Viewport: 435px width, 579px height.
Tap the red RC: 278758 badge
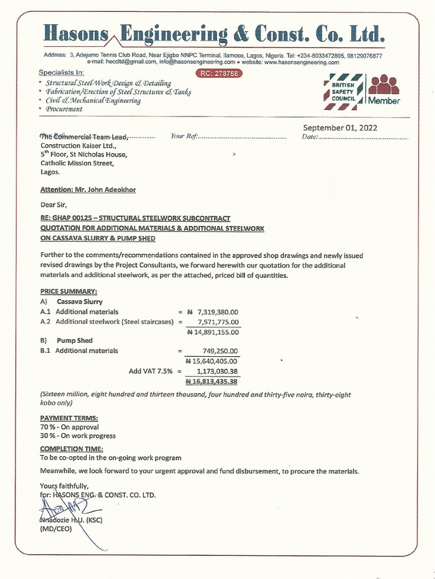click(x=219, y=74)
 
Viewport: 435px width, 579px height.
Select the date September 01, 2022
click(x=340, y=128)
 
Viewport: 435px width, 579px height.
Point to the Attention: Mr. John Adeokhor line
click(x=88, y=190)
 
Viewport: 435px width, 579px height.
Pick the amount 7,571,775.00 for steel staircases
click(x=217, y=322)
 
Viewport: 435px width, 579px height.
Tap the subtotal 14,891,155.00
click(x=212, y=332)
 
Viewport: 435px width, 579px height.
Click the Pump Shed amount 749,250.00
click(x=220, y=351)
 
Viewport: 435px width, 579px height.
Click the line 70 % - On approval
click(x=69, y=427)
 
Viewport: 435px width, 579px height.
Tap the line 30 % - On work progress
click(x=78, y=436)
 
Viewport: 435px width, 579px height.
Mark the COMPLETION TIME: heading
click(x=71, y=449)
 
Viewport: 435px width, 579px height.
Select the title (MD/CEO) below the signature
click(x=54, y=529)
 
